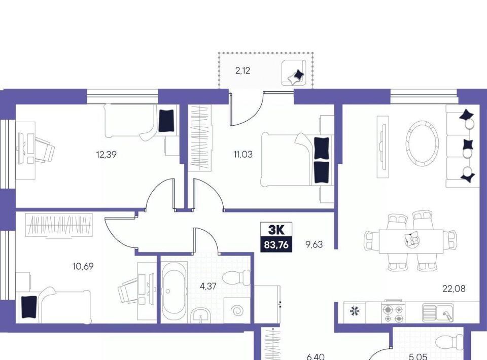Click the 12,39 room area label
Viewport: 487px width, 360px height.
[x=107, y=154]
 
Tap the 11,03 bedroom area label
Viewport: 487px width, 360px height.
[x=243, y=154]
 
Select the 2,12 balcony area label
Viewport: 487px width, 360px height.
[x=242, y=71]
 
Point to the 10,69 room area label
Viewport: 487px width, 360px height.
[x=83, y=266]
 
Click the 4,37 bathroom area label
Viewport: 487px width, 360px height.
[x=208, y=286]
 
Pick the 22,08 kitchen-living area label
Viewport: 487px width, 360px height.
[x=454, y=289]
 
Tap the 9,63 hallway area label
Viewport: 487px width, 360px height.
[x=314, y=244]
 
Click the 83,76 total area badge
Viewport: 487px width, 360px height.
[x=276, y=245]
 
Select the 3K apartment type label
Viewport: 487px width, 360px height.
[x=276, y=230]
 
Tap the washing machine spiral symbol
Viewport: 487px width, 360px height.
[x=237, y=310]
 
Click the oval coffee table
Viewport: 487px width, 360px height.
[x=423, y=143]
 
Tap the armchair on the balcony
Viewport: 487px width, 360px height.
[x=294, y=73]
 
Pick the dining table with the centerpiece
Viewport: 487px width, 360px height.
[x=411, y=241]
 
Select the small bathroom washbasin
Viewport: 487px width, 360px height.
[x=201, y=315]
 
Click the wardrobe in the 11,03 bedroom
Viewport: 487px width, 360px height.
[x=200, y=138]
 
